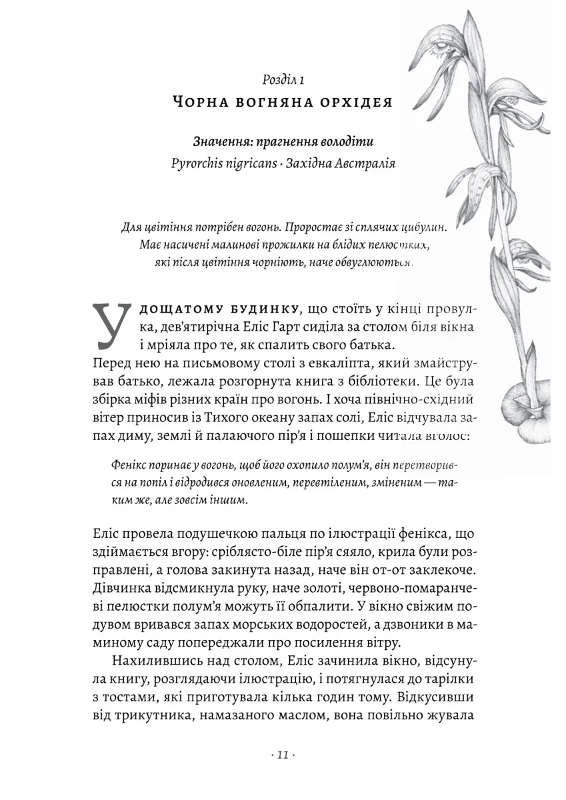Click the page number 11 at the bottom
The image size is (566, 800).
(x=283, y=755)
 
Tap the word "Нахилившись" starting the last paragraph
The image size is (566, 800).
(x=150, y=660)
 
